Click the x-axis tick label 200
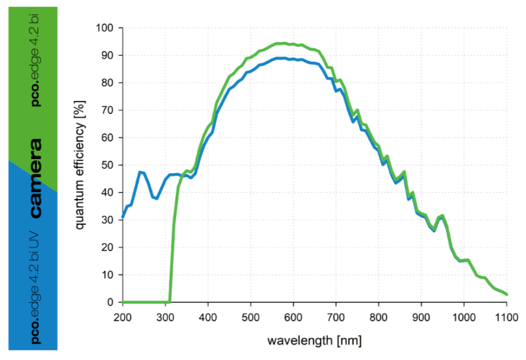pos(123,317)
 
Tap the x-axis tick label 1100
pos(506,317)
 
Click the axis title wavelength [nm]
pos(314,341)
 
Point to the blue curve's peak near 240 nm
pos(140,171)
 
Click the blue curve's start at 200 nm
pos(123,217)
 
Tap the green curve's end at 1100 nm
pos(506,294)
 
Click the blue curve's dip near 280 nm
pos(156,198)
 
